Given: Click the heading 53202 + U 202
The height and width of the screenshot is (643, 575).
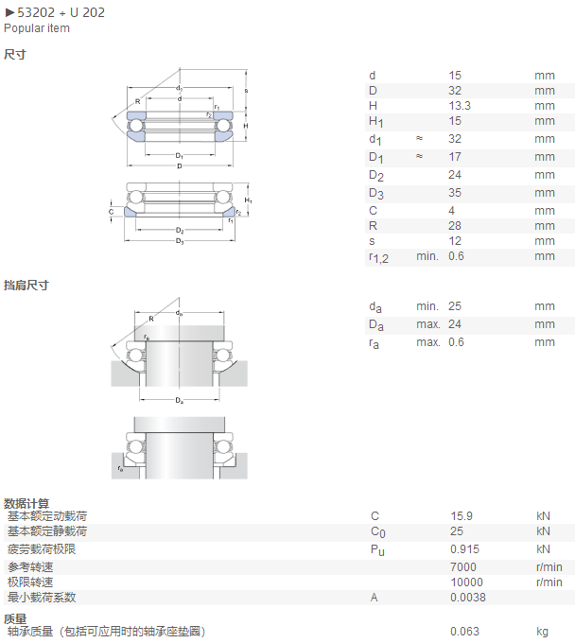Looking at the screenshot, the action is [61, 12].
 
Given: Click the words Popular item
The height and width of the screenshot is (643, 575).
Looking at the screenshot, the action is [37, 28].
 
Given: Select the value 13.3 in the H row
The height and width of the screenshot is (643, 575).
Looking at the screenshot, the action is [460, 106].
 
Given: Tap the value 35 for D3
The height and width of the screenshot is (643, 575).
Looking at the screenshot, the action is [455, 193].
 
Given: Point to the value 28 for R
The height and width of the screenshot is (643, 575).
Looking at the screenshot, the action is [455, 226].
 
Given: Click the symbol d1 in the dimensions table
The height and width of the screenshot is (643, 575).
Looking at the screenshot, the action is [375, 140].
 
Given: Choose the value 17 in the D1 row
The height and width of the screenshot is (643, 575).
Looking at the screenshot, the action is [455, 157].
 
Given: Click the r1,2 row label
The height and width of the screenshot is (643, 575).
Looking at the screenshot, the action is [378, 258].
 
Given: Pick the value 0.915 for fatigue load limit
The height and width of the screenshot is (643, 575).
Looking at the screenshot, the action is [464, 549].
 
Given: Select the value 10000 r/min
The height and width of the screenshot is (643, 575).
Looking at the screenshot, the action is [467, 582].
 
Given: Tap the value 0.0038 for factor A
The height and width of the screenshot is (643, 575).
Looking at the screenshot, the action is [468, 598].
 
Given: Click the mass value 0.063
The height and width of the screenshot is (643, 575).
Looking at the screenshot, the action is [464, 632].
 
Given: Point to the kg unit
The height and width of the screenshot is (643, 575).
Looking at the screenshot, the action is [542, 632].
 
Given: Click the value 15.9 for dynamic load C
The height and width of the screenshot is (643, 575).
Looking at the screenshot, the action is [462, 516].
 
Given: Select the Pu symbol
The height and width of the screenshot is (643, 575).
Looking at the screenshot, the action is [377, 550].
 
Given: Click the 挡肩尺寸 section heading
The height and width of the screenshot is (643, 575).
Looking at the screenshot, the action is [26, 285].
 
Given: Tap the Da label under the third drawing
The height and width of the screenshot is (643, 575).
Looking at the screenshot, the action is [180, 400].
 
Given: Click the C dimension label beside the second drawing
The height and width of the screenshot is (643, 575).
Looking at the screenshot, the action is [112, 212].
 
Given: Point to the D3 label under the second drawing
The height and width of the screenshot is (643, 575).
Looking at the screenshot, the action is [180, 241].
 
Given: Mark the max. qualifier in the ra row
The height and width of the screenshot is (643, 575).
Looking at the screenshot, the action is [428, 342].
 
